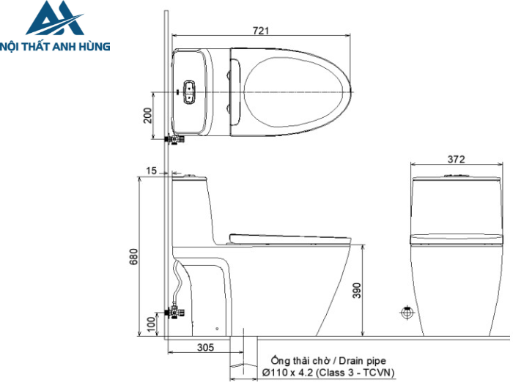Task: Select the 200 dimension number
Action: [147, 115]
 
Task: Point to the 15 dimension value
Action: [151, 171]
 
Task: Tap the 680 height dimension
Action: [133, 257]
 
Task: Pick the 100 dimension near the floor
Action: [151, 324]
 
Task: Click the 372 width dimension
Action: [456, 159]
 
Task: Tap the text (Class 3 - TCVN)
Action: [355, 373]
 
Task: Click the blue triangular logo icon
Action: [55, 20]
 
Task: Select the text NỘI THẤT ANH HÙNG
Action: [56, 46]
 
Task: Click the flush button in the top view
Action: [191, 91]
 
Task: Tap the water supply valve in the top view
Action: [175, 138]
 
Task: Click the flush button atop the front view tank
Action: [456, 176]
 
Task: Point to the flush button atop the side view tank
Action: [192, 176]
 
